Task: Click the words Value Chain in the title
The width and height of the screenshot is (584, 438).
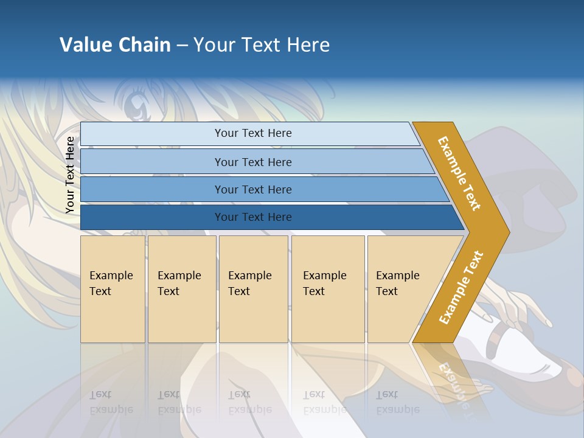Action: point(115,45)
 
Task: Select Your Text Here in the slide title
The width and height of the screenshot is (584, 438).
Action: point(262,45)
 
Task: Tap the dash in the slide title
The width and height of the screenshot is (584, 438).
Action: point(182,46)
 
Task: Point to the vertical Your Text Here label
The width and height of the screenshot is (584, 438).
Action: point(70,175)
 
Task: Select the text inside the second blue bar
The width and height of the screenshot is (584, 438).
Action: point(253,162)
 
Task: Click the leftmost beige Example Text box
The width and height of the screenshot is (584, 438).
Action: point(113,289)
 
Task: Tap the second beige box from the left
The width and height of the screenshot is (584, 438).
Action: point(182,289)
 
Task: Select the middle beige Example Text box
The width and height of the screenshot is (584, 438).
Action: point(253,289)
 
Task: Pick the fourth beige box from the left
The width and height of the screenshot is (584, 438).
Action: point(328,289)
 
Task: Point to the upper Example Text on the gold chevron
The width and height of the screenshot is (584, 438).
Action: point(459,173)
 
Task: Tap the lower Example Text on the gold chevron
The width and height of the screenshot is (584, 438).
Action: point(461,288)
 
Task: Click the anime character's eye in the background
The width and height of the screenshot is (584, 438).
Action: point(135,108)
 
